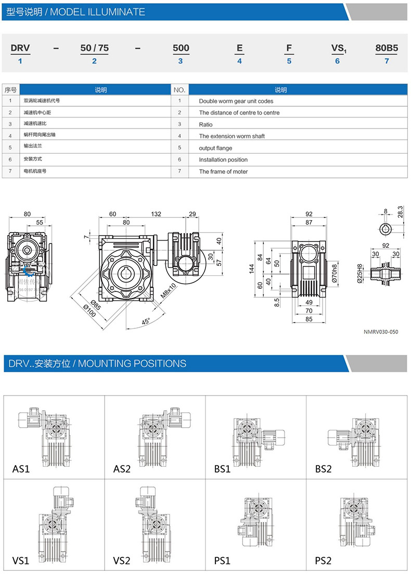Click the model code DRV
pyautogui.click(x=20, y=48)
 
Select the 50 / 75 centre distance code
pyautogui.click(x=94, y=48)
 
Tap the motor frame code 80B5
pyautogui.click(x=387, y=48)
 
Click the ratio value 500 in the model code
pyautogui.click(x=181, y=48)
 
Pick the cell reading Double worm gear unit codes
pyautogui.click(x=236, y=101)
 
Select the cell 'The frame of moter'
pyautogui.click(x=223, y=171)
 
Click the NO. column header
pyautogui.click(x=179, y=90)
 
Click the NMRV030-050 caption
pyautogui.click(x=381, y=331)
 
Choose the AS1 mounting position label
pyautogui.click(x=21, y=469)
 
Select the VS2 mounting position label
pyautogui.click(x=122, y=561)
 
